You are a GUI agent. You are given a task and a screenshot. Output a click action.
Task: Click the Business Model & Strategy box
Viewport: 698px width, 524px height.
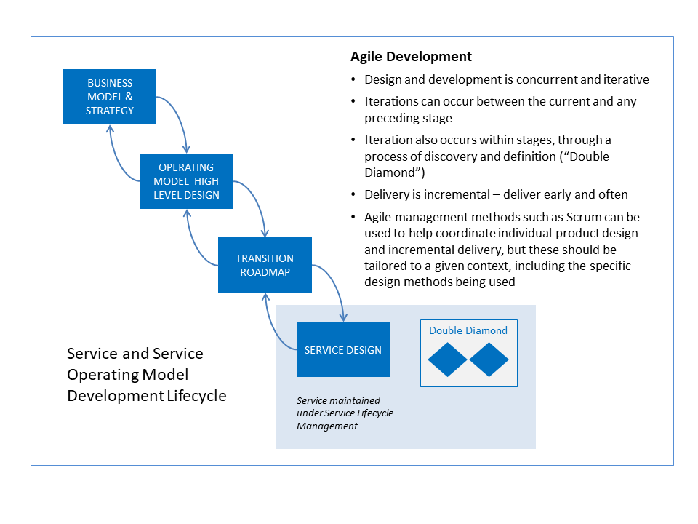coord(110,96)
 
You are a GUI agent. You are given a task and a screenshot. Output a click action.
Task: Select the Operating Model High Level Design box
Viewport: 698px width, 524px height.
coord(187,181)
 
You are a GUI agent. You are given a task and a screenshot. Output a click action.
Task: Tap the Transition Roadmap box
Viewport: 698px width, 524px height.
coord(265,265)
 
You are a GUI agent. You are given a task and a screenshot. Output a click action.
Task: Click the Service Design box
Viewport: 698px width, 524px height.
coord(343,350)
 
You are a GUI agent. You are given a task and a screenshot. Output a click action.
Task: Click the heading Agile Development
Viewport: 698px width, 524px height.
coord(411,57)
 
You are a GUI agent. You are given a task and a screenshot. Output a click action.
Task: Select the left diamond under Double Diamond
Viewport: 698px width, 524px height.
coord(447,360)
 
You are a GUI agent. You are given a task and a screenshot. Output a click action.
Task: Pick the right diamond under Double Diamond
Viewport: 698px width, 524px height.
coord(489,360)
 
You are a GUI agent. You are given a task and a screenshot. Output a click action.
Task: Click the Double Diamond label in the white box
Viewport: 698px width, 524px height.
coord(468,330)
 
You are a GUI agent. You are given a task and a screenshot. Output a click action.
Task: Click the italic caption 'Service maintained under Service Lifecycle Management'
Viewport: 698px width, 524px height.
coord(344,413)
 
